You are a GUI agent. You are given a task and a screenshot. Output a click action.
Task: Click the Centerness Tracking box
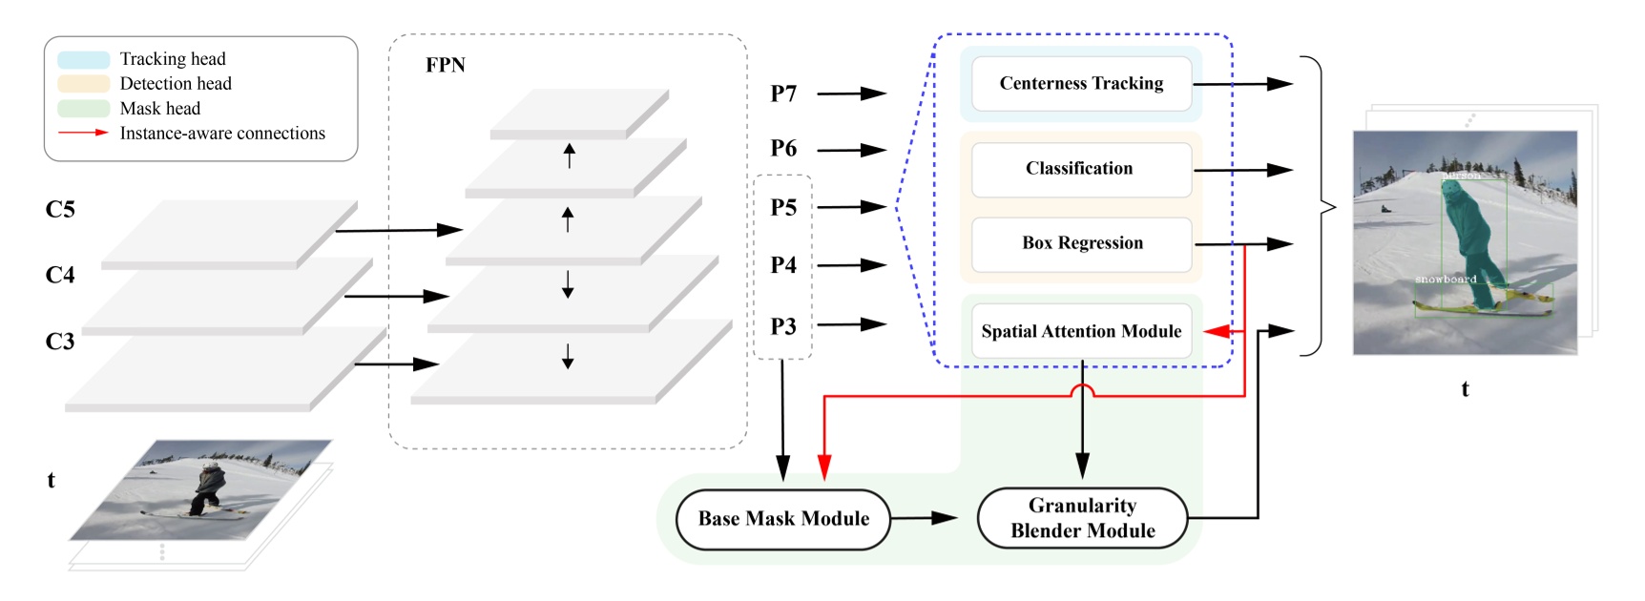(1081, 84)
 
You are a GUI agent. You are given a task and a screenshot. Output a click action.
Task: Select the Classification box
(1080, 169)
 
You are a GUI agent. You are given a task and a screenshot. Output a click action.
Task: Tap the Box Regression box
(1081, 243)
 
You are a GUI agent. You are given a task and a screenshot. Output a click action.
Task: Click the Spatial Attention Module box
(1081, 331)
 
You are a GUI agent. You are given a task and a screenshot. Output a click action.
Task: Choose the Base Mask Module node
(782, 519)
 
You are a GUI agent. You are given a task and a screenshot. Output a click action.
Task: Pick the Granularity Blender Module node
(1082, 518)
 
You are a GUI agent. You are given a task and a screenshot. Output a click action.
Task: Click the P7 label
(783, 93)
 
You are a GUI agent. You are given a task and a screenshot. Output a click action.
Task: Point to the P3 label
(783, 326)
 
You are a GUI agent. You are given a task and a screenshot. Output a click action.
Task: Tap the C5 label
(59, 209)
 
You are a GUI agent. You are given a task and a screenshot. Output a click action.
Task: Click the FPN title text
(445, 65)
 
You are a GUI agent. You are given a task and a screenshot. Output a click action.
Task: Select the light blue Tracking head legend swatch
(83, 60)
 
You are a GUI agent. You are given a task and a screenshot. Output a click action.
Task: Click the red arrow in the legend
(83, 133)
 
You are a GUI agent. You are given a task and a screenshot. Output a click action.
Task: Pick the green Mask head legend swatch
(83, 109)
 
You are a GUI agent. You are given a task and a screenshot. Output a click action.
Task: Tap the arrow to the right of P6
(851, 150)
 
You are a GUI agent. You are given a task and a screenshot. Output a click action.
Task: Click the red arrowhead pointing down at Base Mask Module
(824, 466)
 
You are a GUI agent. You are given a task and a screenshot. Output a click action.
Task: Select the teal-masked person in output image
(1469, 243)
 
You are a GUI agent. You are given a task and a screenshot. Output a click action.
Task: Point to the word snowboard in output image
(1446, 280)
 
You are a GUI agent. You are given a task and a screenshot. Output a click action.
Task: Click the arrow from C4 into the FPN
(395, 297)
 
